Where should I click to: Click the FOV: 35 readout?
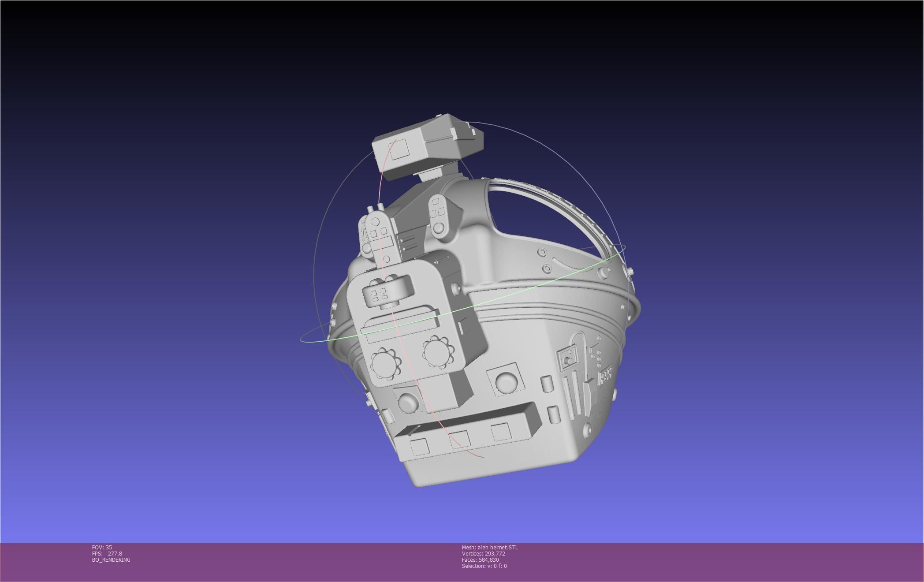point(102,547)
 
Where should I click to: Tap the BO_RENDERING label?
point(111,560)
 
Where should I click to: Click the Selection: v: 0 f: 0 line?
point(484,566)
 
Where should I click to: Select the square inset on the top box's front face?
point(399,150)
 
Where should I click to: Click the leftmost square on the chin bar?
point(420,447)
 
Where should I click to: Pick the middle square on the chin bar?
point(459,439)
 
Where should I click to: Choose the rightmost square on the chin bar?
point(501,431)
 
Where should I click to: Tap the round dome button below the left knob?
point(408,401)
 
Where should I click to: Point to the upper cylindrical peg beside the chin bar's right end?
point(546,384)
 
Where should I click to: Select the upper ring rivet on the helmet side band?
point(542,252)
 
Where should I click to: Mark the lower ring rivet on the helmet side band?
point(547,268)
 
